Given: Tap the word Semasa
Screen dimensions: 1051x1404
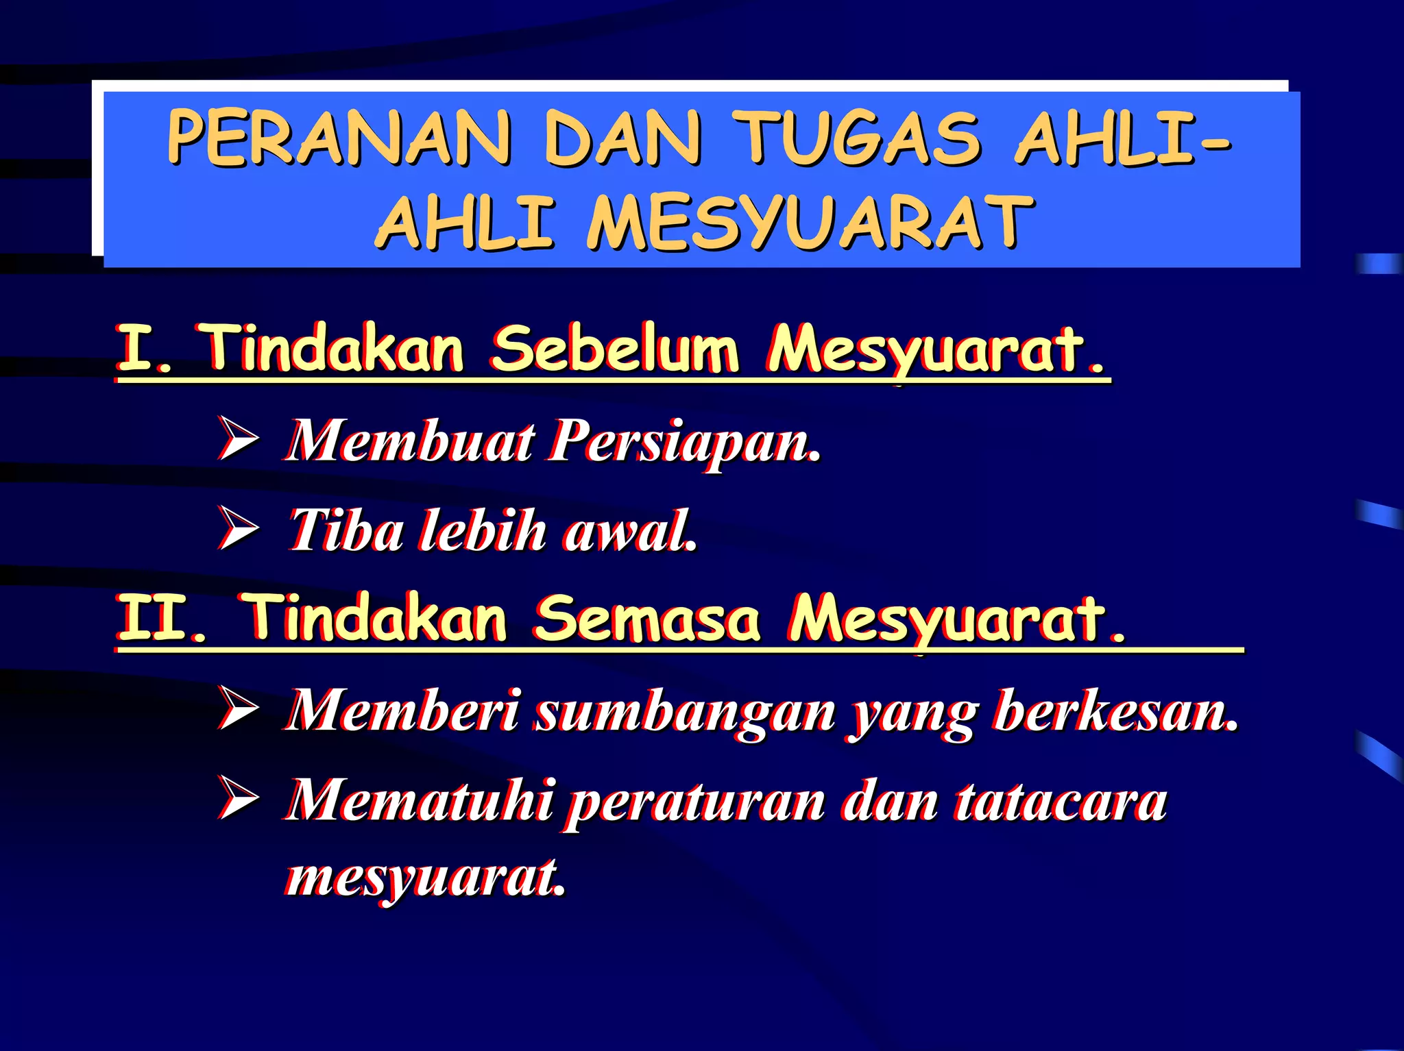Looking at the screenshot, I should click(647, 618).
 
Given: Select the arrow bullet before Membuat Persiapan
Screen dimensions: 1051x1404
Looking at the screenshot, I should click(238, 438).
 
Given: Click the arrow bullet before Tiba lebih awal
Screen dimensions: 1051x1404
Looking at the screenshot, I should click(238, 529).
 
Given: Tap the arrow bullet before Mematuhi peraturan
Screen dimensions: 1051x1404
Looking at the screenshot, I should click(238, 798).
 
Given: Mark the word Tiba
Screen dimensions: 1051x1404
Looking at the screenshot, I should click(346, 531).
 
